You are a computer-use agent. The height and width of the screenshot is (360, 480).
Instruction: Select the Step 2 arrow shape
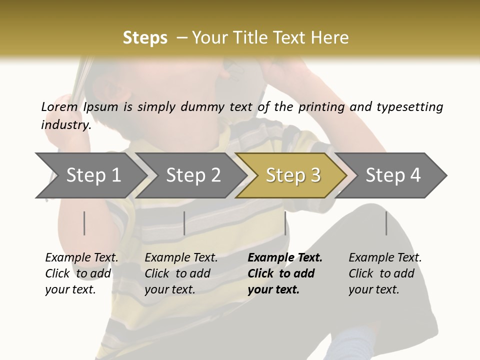click(193, 175)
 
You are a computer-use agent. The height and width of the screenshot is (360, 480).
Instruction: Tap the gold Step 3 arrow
click(293, 175)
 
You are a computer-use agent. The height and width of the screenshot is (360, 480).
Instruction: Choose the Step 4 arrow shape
click(393, 175)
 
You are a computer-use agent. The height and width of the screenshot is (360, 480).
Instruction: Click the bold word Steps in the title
click(145, 38)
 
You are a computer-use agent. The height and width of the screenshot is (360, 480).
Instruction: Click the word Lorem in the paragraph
click(59, 107)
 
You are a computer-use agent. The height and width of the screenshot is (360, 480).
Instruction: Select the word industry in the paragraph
click(65, 125)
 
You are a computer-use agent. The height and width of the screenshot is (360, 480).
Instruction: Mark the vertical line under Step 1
click(84, 223)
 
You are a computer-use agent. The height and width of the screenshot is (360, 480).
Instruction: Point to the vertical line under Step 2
click(184, 223)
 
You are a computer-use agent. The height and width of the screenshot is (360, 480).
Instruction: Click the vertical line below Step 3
click(285, 223)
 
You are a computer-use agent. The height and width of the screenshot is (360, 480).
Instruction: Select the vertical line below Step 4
click(386, 223)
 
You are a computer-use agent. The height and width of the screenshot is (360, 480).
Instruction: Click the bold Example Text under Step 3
click(285, 258)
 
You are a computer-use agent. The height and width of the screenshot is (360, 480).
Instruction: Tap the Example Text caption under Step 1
click(82, 258)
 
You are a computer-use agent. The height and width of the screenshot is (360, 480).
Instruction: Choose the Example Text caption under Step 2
click(181, 258)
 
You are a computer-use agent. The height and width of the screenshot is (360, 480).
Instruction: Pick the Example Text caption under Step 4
click(385, 258)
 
